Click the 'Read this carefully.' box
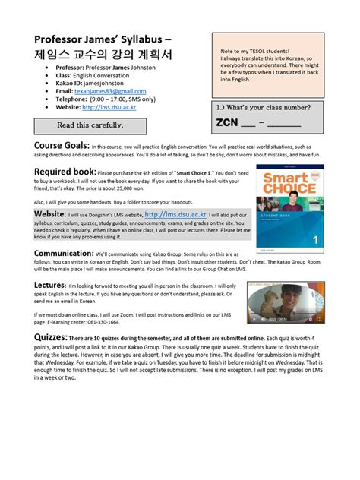(90, 124)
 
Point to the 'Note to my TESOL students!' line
(255, 50)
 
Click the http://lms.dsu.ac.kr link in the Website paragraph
(175, 216)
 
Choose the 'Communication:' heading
(73, 253)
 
